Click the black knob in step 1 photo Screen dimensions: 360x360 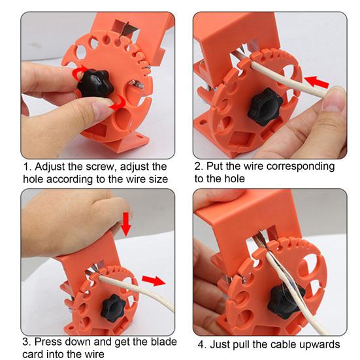(95, 83)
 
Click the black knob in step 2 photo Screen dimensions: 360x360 (265, 106)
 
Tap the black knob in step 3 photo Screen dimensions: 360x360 (114, 308)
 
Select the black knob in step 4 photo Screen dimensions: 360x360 (286, 300)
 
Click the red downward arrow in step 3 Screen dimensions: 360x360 (126, 224)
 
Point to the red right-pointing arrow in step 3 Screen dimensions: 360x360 (154, 280)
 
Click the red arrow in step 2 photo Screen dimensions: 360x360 (317, 82)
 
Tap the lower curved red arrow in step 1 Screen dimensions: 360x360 (118, 103)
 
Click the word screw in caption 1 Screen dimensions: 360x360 (100, 167)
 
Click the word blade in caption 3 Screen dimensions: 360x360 (163, 342)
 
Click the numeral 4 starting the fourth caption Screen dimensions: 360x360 (201, 344)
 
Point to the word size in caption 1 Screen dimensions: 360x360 (158, 179)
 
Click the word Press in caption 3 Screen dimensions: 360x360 (48, 342)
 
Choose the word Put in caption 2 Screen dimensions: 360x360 (215, 166)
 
